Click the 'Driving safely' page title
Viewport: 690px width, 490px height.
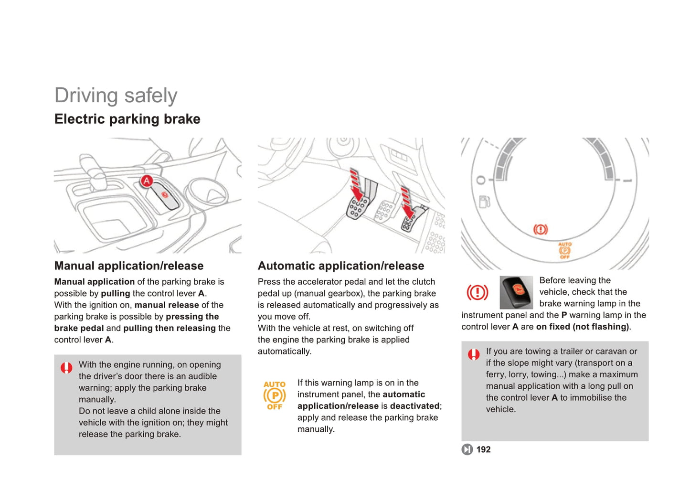click(x=116, y=95)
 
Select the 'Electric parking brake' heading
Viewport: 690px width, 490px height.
click(x=127, y=119)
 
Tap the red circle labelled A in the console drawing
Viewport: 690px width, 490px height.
click(x=147, y=181)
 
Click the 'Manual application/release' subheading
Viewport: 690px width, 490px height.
click(x=128, y=266)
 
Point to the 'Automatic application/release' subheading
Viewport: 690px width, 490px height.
click(x=340, y=266)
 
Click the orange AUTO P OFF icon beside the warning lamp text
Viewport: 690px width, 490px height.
click(x=275, y=395)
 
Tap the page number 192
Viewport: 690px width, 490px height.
click(x=483, y=449)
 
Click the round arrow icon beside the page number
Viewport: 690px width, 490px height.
click(x=467, y=449)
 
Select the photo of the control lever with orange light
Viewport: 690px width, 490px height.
click(x=516, y=292)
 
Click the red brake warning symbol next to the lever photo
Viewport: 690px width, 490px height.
click(x=477, y=292)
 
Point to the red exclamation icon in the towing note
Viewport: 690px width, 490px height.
click(x=474, y=354)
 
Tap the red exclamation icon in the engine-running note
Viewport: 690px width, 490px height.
click(x=66, y=368)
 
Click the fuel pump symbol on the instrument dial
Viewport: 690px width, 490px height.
click(x=484, y=202)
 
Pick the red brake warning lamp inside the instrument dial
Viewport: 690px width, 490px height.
click(x=541, y=230)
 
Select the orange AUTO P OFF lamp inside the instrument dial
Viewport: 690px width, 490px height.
click(x=565, y=250)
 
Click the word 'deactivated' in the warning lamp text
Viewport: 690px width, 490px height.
click(x=414, y=406)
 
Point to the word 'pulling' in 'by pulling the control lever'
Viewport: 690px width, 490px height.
click(x=115, y=293)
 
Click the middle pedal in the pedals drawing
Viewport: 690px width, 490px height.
click(x=384, y=212)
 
